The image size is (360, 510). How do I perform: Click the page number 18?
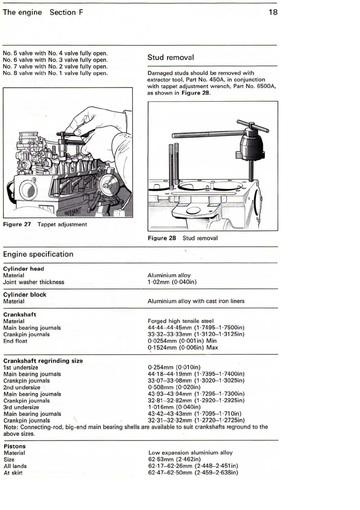coord(273,12)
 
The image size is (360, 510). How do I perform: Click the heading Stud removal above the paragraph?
coord(171,58)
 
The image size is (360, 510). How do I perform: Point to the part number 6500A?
coord(266,86)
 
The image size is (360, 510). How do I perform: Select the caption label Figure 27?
coord(17,225)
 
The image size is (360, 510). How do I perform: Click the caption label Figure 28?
coord(162,238)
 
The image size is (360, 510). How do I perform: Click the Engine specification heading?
coord(38,254)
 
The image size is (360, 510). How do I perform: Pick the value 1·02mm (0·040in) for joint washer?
coord(172,282)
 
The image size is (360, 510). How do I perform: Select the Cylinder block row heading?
coord(25,295)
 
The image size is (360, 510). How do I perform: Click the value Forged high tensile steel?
coord(181,321)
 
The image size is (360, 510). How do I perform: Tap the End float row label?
coord(15,341)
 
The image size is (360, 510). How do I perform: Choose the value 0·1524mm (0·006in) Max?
coord(183,347)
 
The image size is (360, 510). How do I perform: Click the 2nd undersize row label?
coord(22,387)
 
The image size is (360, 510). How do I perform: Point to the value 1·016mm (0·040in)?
coord(174,407)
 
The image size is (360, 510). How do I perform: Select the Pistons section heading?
coord(15,446)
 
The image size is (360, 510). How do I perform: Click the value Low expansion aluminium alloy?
coord(190,453)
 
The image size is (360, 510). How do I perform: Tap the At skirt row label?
coord(13,473)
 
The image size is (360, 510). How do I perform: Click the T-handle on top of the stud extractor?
coord(253,125)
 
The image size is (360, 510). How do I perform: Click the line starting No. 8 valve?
coord(55,73)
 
